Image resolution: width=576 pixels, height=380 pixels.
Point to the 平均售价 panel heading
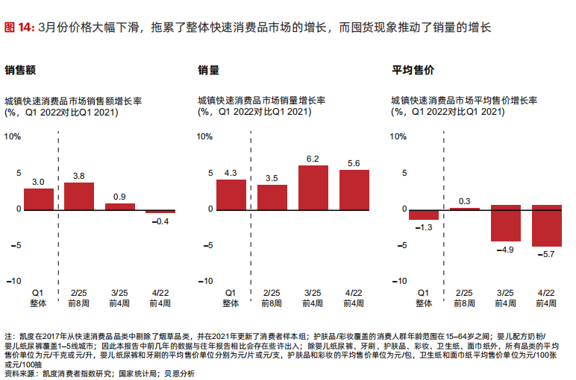click(413, 71)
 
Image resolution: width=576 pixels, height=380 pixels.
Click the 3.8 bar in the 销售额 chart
click(79, 196)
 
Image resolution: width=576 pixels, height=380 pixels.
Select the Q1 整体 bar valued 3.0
click(39, 199)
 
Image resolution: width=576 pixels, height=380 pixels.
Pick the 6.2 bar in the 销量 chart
click(313, 187)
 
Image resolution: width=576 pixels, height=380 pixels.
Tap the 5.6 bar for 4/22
click(354, 189)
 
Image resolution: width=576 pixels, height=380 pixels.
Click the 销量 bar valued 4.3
click(231, 194)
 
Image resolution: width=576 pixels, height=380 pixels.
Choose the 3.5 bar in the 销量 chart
click(272, 197)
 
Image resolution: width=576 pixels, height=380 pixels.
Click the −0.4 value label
click(160, 221)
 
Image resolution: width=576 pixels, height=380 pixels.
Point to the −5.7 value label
click(546, 255)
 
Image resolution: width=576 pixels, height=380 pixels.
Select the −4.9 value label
click(505, 250)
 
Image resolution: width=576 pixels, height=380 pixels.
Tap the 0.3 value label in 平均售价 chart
click(465, 201)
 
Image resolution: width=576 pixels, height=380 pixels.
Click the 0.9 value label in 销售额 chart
click(119, 197)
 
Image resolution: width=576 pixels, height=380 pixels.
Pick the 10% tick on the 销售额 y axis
click(13, 137)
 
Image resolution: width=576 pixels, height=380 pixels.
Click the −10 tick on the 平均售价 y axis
click(400, 281)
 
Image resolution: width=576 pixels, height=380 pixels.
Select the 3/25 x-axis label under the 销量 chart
click(313, 294)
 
